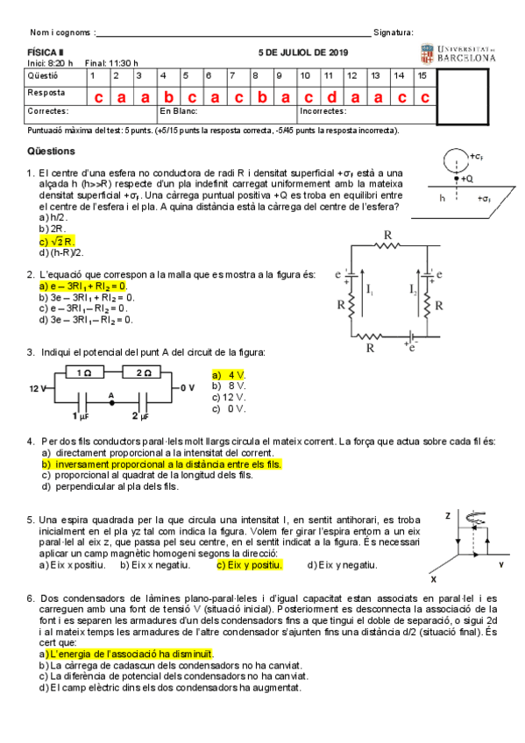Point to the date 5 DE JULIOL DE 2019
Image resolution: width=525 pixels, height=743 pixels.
tap(303, 53)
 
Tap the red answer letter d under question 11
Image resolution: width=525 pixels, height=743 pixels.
tap(330, 96)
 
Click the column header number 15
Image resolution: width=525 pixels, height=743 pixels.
tap(422, 76)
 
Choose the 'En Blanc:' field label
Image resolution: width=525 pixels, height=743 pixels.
tap(178, 111)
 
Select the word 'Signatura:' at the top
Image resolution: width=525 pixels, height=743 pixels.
tap(393, 32)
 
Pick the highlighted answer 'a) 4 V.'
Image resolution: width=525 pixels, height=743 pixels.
tap(231, 374)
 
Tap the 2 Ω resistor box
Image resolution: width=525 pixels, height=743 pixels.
tap(143, 373)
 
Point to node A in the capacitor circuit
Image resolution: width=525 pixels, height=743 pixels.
tap(111, 397)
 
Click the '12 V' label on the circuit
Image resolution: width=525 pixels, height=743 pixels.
tap(37, 386)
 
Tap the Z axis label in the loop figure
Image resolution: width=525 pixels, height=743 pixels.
tap(447, 516)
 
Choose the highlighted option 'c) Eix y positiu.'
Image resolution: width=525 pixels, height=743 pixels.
tap(249, 565)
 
